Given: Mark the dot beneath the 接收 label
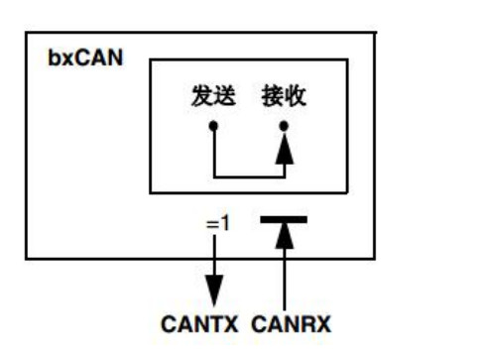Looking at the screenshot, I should coord(284,127).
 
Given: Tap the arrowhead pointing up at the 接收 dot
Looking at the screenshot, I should coord(284,149).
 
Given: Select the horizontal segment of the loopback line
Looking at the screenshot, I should coord(249,178).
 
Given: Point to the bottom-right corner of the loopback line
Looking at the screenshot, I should coord(284,178).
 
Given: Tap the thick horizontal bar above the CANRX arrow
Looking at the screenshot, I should coord(284,219).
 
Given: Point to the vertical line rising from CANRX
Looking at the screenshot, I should coord(284,278).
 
